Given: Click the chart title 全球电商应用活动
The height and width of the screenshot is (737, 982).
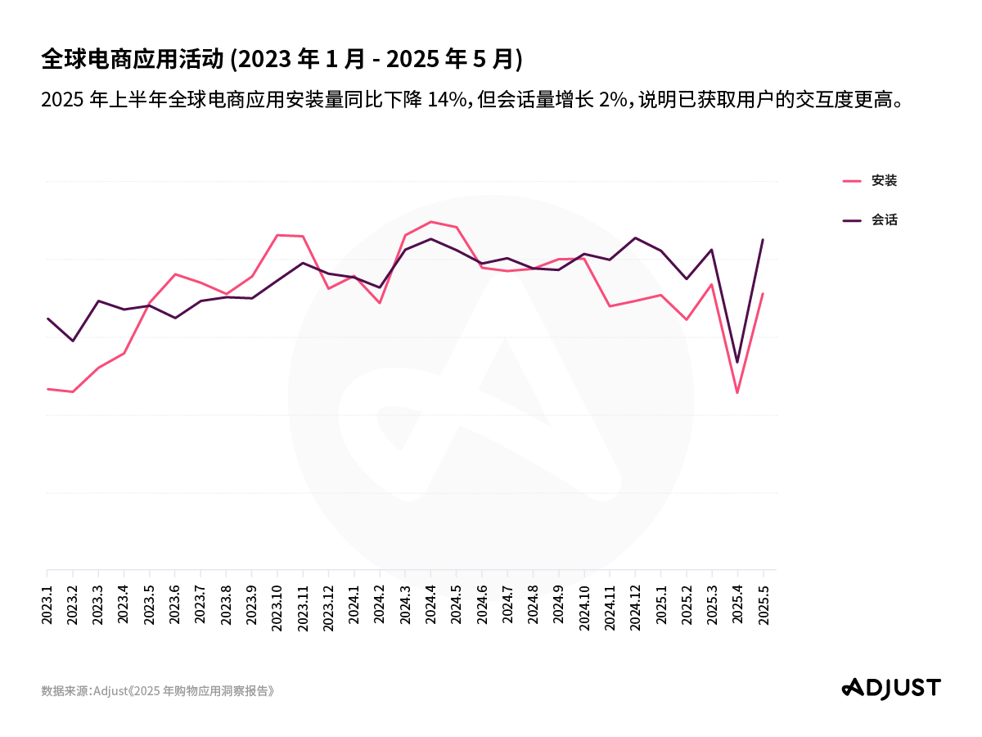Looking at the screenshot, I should (x=132, y=59).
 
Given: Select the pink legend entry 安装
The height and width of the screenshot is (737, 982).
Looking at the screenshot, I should (x=884, y=181).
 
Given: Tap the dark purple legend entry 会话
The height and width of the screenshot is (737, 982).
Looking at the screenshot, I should (x=884, y=220).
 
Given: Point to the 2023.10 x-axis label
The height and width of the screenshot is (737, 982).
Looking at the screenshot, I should (x=277, y=606).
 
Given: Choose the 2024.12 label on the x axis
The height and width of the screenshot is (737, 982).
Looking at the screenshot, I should (x=635, y=606).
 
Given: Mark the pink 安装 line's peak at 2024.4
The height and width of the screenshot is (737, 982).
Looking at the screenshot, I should (x=430, y=222).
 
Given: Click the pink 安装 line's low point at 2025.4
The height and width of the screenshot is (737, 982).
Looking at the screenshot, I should (x=737, y=392).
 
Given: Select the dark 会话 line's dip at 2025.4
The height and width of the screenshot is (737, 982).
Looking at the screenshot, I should (x=737, y=362).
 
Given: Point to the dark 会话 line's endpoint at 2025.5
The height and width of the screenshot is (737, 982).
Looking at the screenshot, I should (x=763, y=240).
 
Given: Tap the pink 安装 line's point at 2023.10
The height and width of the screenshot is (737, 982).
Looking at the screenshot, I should (x=277, y=235).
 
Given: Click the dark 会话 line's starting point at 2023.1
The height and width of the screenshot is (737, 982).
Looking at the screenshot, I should (x=47, y=319).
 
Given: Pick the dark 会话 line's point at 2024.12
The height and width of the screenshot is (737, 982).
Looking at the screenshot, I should (x=635, y=237).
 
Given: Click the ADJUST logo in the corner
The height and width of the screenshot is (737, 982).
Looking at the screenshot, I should (x=891, y=688).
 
